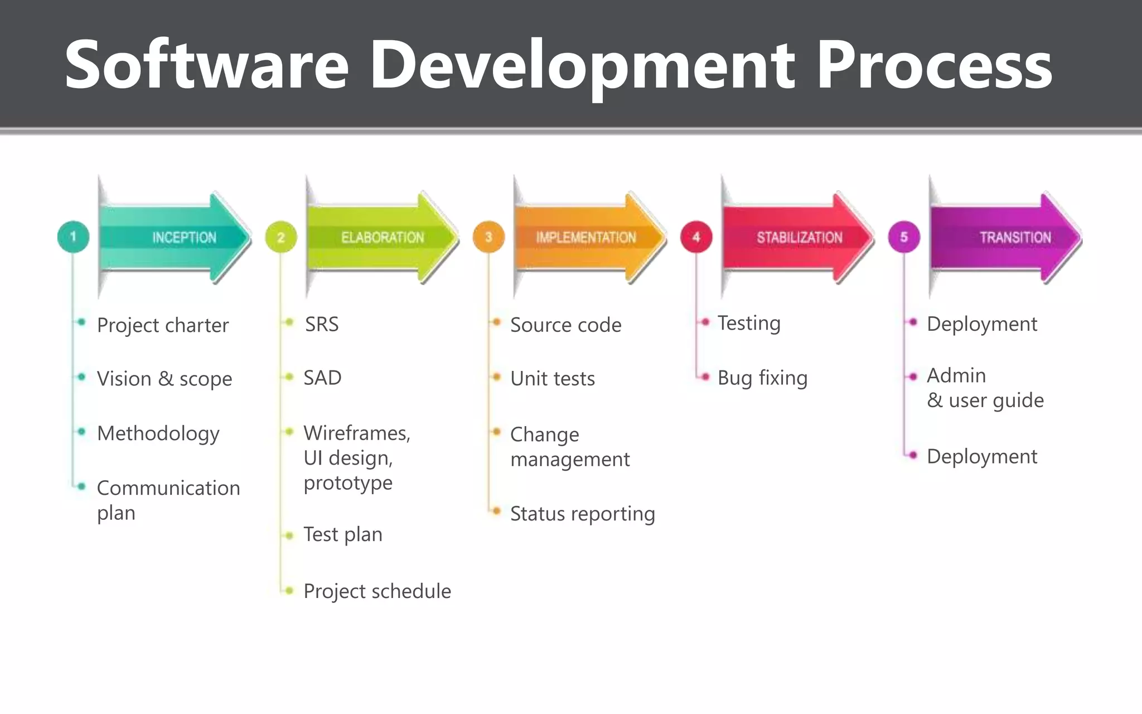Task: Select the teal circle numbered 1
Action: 73,237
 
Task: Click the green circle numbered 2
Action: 281,237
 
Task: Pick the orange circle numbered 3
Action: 488,237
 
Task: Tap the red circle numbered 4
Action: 696,237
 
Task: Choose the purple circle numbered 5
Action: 904,237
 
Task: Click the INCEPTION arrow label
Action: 184,238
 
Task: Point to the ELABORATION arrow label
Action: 383,238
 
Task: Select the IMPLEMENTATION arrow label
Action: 585,238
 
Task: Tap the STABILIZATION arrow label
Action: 799,238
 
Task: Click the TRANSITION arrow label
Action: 1015,238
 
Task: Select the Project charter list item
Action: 163,325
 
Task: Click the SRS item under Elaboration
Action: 322,324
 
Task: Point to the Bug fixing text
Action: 762,378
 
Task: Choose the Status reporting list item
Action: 582,514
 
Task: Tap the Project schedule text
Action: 377,591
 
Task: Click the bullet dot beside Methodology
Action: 82,431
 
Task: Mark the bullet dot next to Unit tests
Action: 496,377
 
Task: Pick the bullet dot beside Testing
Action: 705,322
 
